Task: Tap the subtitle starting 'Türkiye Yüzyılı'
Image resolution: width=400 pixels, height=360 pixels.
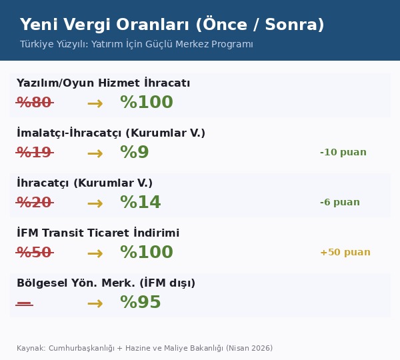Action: [137, 45]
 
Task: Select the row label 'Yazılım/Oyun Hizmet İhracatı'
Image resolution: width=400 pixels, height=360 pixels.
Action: [103, 83]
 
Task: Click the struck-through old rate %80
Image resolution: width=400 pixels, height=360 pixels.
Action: [34, 103]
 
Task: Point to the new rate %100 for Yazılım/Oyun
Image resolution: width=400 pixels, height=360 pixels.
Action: [147, 103]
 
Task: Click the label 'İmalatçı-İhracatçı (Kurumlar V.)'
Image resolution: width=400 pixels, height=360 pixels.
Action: [111, 133]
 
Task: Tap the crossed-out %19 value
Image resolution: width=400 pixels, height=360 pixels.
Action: [34, 153]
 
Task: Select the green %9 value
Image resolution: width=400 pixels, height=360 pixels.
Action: [135, 153]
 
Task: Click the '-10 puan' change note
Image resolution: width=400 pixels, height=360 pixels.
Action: [343, 153]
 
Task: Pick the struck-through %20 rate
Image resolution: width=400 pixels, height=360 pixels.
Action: [34, 203]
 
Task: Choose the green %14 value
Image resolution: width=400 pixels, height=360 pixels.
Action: [141, 203]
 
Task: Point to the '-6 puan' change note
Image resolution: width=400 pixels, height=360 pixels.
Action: [340, 203]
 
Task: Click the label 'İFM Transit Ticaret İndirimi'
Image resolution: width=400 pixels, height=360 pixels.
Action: [98, 233]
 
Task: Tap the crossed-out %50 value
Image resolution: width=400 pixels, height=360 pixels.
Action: [34, 253]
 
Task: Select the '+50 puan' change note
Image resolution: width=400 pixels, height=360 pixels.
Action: [345, 253]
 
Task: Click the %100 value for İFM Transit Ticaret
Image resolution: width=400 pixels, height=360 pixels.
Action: [147, 253]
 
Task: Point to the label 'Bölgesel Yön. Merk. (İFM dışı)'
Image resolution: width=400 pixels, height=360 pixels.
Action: [106, 283]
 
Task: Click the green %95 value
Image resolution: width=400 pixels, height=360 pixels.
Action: [141, 303]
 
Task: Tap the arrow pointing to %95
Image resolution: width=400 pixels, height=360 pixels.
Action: [95, 303]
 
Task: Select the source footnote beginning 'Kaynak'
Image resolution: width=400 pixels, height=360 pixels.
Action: [145, 348]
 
